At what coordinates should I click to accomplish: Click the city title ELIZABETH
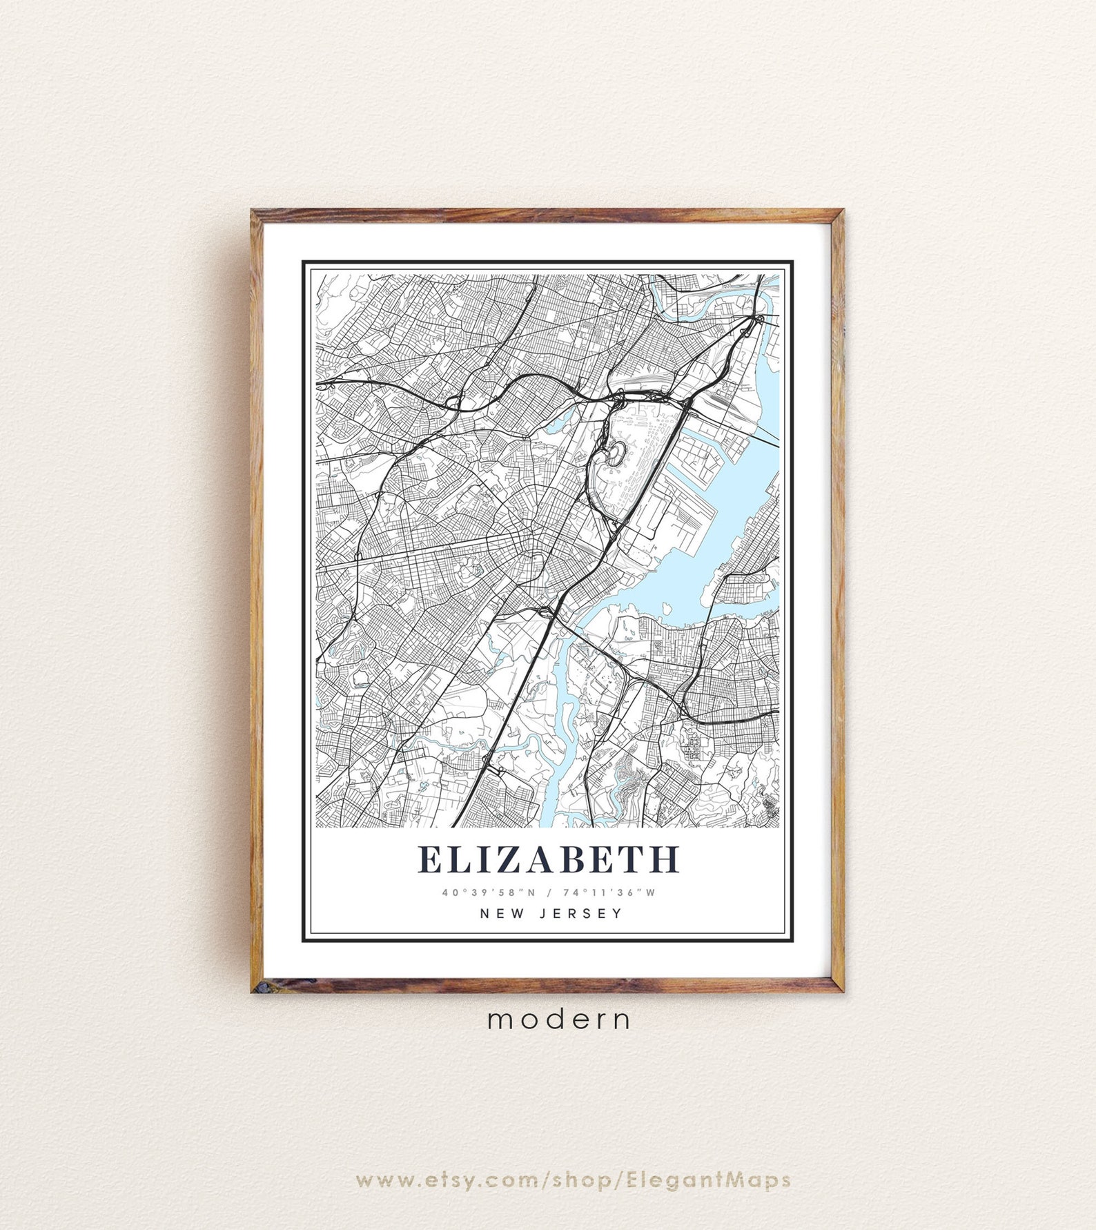click(x=549, y=859)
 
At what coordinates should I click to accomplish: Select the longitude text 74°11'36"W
click(x=609, y=892)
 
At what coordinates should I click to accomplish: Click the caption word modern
click(x=558, y=1019)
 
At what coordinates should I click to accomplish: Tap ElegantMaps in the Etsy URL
click(x=708, y=1180)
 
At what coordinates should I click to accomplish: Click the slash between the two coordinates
click(x=549, y=892)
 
